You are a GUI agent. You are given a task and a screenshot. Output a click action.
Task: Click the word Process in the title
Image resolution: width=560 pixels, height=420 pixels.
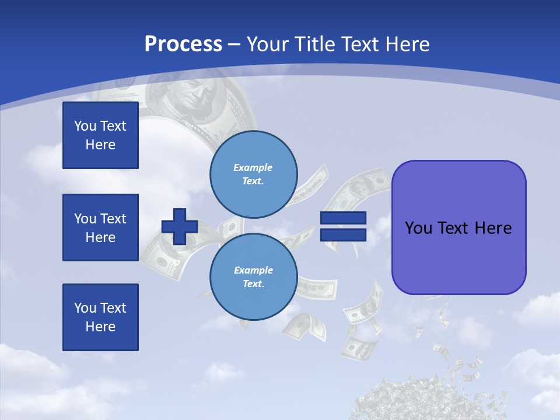(x=183, y=44)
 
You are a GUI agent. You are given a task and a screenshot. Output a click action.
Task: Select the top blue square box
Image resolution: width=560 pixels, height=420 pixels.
(x=100, y=135)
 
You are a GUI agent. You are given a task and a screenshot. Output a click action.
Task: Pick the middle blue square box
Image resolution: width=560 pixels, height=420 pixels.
(x=100, y=228)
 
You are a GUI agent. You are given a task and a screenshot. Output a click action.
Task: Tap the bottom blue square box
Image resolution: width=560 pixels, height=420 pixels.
(x=100, y=317)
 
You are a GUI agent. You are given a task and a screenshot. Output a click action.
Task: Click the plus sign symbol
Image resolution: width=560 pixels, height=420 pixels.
(x=180, y=226)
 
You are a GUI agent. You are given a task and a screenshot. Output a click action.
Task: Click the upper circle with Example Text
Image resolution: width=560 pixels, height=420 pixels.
(x=253, y=174)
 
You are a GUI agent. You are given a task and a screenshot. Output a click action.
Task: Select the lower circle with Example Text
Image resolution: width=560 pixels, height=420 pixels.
(x=253, y=276)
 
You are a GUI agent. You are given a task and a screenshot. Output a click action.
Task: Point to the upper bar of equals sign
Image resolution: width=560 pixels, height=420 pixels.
(x=343, y=218)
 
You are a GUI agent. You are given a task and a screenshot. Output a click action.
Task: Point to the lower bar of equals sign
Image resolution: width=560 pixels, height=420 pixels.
(x=343, y=235)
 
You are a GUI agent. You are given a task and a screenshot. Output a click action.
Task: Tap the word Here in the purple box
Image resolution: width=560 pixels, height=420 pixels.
(x=493, y=228)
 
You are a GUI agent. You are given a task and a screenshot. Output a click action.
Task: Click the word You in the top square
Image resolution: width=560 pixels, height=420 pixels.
(x=85, y=126)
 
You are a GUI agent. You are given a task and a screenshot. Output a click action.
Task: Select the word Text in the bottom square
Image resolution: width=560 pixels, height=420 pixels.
(x=113, y=308)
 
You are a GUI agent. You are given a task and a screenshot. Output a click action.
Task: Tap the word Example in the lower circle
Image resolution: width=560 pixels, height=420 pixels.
(x=253, y=270)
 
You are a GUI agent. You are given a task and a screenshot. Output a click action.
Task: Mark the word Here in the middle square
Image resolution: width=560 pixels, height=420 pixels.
(x=100, y=237)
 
